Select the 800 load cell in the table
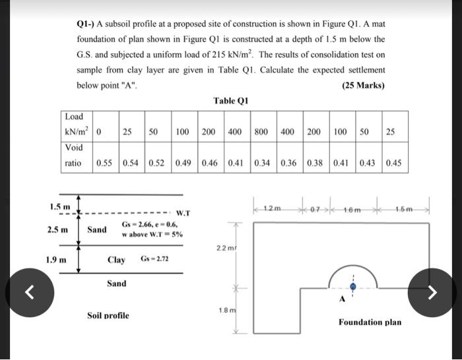261,132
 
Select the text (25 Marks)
363,86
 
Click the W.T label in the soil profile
183,213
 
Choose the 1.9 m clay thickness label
57,258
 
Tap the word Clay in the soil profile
116,260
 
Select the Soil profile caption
108,315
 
